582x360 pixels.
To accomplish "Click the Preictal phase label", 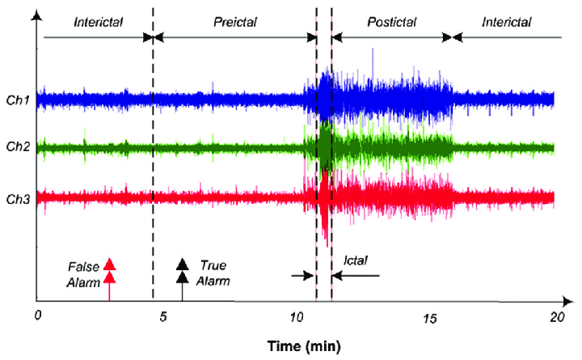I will (x=234, y=23).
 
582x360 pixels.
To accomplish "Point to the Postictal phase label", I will (x=391, y=23).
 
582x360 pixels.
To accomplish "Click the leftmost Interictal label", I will (x=98, y=23).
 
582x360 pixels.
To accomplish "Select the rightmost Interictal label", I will (x=507, y=23).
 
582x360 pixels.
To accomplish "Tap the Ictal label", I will (x=356, y=260).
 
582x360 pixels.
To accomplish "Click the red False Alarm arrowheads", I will (x=111, y=271).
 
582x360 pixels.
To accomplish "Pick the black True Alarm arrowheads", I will (x=183, y=271).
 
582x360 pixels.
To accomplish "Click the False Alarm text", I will (x=82, y=273).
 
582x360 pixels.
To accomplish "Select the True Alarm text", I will (x=214, y=273).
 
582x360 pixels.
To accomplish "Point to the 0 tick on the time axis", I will (x=37, y=316).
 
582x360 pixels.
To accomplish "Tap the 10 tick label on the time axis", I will (x=296, y=316).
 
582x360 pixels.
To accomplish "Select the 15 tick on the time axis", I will (x=428, y=316).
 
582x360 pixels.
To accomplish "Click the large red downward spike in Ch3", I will (x=324, y=231).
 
